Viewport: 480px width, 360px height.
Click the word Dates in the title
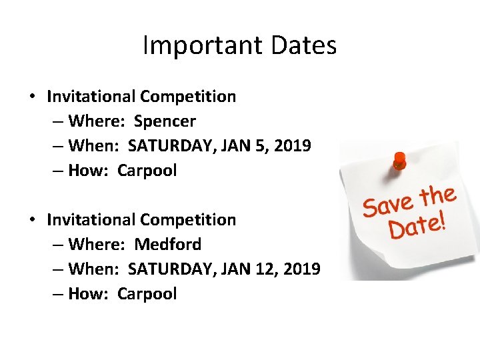[304, 46]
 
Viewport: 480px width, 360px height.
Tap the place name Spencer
[165, 121]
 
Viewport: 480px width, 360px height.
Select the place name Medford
[167, 245]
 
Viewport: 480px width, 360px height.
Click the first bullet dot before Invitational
[33, 97]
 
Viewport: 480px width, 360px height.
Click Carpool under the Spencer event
[147, 171]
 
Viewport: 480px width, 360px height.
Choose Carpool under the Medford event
[147, 294]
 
